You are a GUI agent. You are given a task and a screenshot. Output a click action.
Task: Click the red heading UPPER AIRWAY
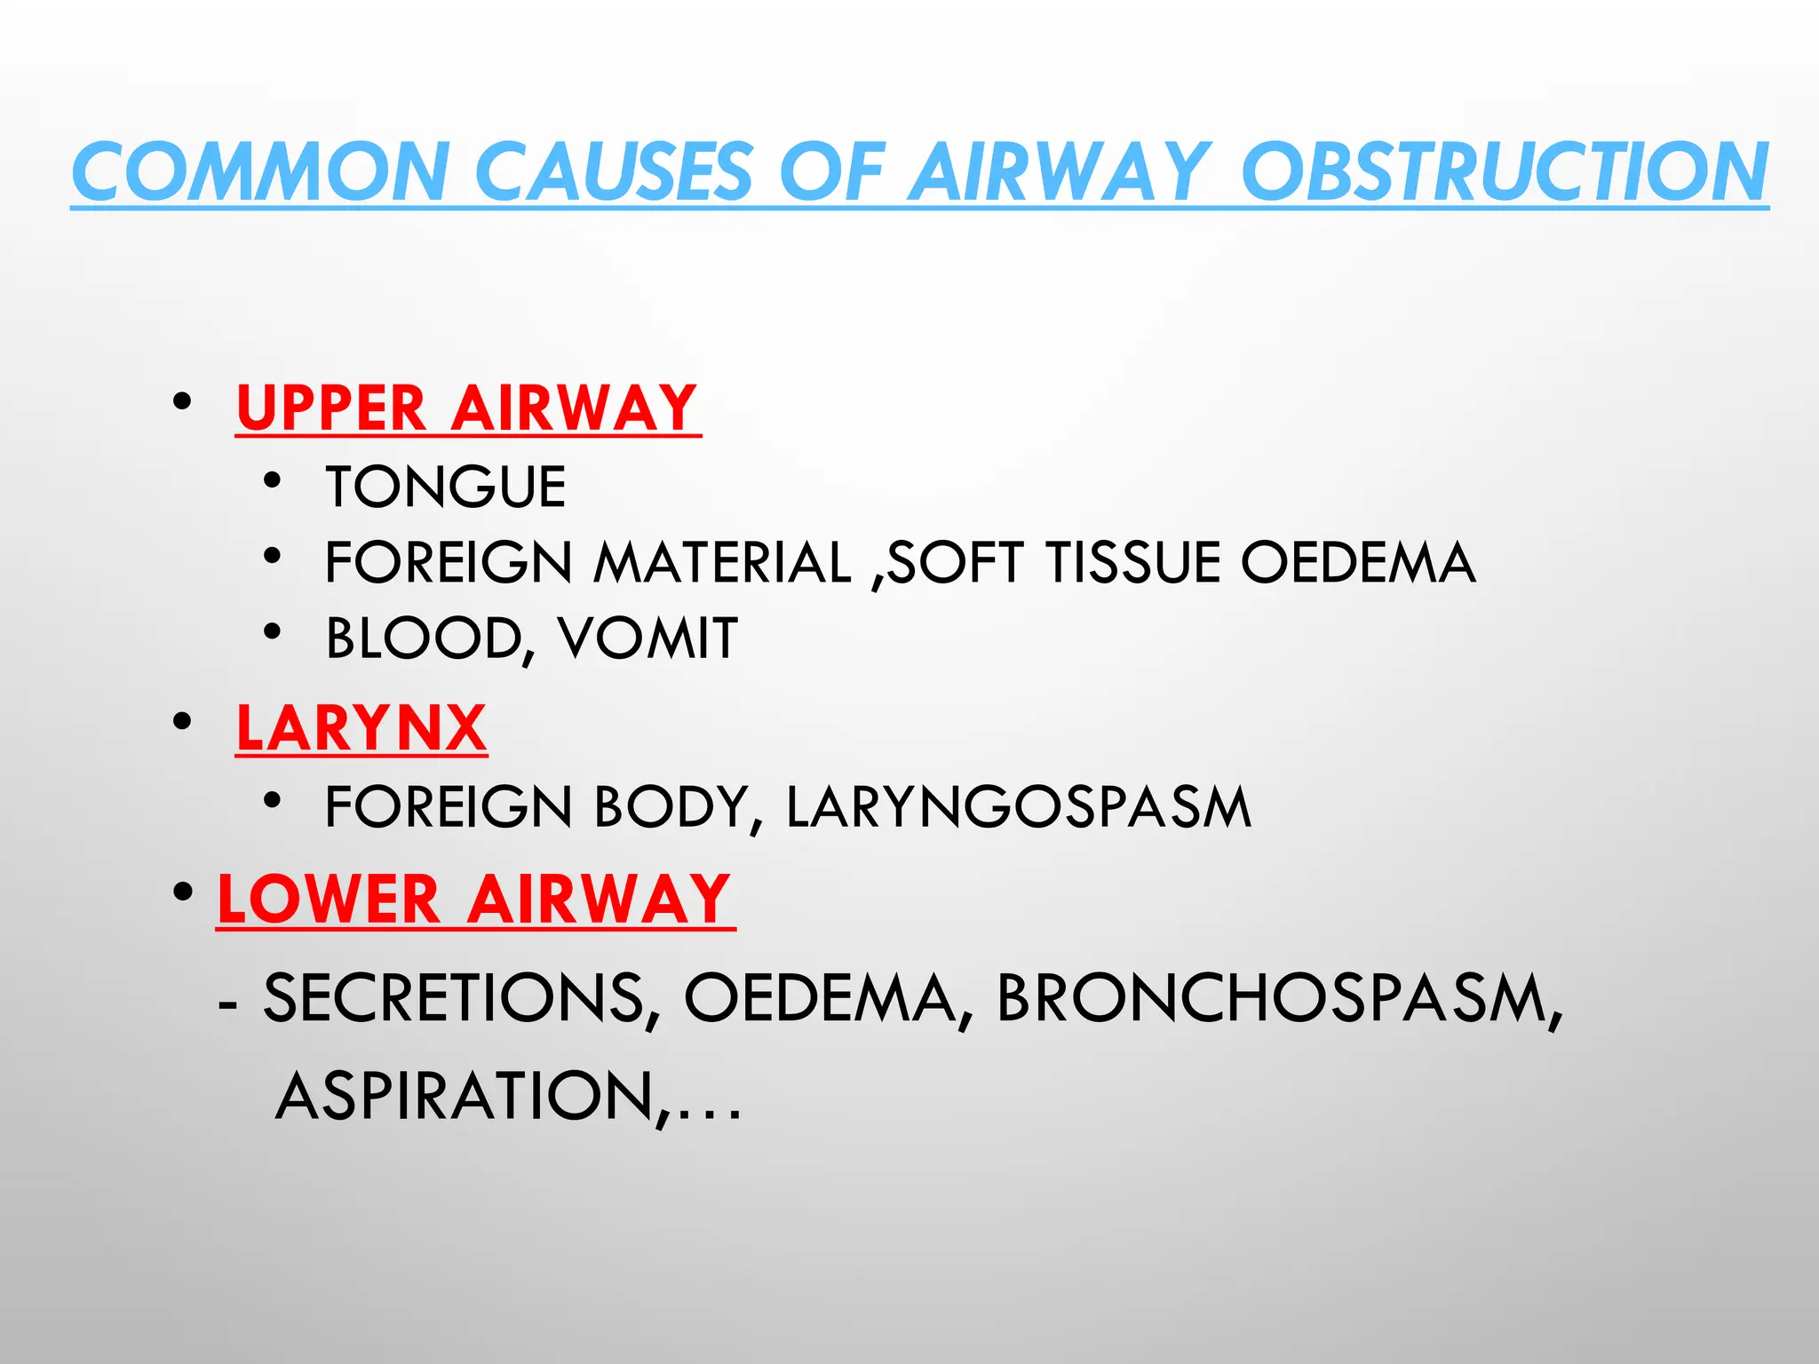[x=467, y=408]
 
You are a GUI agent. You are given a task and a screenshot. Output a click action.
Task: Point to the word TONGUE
[x=446, y=488]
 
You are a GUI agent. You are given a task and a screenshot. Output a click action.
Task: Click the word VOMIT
[x=647, y=638]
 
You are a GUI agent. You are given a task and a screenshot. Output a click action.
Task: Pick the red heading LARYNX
[x=361, y=729]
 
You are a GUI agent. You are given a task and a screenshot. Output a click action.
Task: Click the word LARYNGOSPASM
[x=1019, y=807]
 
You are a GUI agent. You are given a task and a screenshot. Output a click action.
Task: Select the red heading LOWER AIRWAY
[x=475, y=900]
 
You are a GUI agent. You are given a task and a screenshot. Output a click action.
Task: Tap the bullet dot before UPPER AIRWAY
[x=183, y=402]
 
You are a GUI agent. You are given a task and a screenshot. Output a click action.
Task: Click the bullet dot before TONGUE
[x=273, y=481]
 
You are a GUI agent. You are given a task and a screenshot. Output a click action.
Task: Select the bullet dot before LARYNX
[x=183, y=722]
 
